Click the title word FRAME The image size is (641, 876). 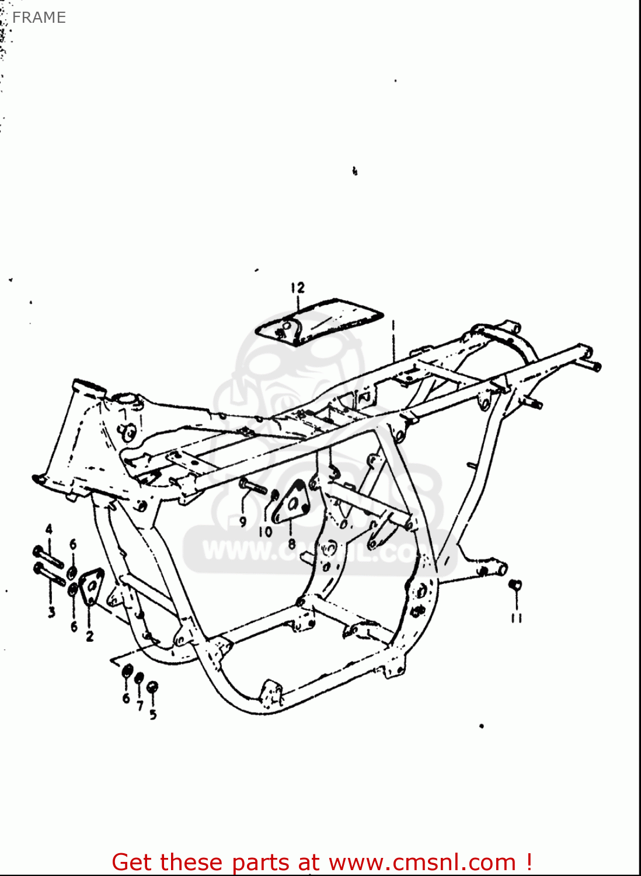click(x=39, y=18)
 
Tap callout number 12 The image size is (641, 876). click(x=298, y=287)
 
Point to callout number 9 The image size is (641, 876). click(x=243, y=522)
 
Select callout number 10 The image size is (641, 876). click(x=266, y=531)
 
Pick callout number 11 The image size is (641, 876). click(x=516, y=617)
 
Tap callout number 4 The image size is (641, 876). click(x=49, y=530)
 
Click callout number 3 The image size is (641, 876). click(x=51, y=611)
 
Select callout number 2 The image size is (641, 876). click(x=89, y=636)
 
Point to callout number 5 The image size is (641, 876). click(x=153, y=714)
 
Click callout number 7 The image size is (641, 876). click(x=140, y=706)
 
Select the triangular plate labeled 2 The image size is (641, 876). click(x=90, y=586)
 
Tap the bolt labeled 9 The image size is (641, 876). click(x=252, y=486)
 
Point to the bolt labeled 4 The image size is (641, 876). click(x=48, y=555)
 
